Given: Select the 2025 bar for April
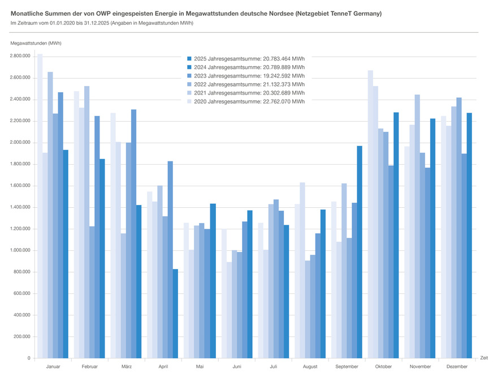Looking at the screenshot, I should (x=175, y=314).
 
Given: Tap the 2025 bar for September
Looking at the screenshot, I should (x=359, y=252).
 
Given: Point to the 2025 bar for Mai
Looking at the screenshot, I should (x=213, y=281).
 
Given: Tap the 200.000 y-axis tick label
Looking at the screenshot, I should (x=21, y=337).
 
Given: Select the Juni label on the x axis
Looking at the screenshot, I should (x=236, y=367).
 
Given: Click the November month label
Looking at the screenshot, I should (x=420, y=367).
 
